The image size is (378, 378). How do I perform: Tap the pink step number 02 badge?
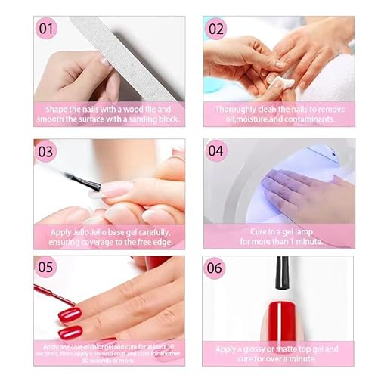217,29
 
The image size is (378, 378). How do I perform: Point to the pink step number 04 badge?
217,150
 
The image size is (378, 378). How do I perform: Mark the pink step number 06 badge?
217,268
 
